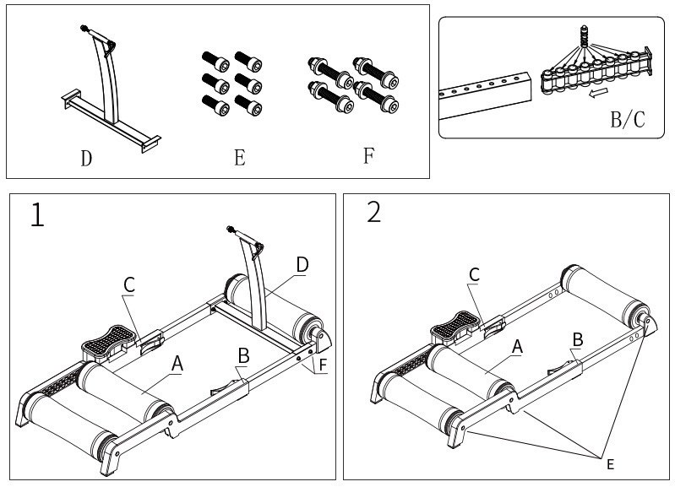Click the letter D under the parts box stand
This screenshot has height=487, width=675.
point(86,159)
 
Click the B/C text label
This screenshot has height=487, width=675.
point(627,119)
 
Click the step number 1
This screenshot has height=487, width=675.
point(37,215)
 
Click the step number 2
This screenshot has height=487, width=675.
point(374,212)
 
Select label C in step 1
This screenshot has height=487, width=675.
point(128,285)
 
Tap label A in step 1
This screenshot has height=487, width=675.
point(177,363)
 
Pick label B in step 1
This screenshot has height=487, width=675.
point(242,356)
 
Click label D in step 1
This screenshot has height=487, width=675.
point(302,265)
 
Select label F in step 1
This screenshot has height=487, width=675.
point(325,365)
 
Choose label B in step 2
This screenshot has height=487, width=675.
point(578,338)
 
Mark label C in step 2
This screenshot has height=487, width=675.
point(474,274)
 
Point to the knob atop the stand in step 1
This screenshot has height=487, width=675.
point(230,228)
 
